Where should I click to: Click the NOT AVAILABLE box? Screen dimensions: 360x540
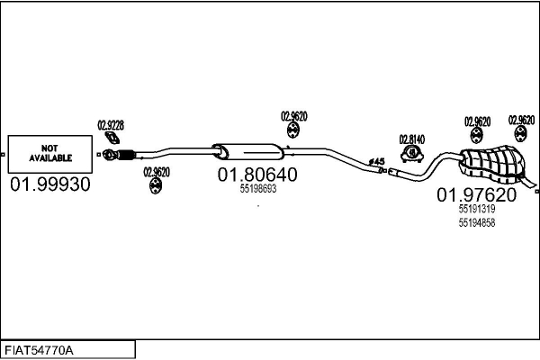[49, 153]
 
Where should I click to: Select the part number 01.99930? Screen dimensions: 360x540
[49, 184]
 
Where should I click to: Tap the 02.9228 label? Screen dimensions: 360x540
[111, 125]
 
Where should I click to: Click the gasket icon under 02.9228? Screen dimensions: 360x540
[112, 139]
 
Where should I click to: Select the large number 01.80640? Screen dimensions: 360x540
[256, 175]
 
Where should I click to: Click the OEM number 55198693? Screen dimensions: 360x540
[257, 190]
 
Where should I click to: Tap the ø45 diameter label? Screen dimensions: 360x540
[377, 162]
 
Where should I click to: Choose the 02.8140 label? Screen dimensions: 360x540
[412, 139]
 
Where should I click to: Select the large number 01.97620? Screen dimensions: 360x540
[477, 194]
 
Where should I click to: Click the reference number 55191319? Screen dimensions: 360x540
[476, 208]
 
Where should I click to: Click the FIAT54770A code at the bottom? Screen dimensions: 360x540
[40, 348]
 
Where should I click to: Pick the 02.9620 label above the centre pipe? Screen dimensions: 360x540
[293, 115]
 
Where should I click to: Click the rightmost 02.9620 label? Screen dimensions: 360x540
[521, 120]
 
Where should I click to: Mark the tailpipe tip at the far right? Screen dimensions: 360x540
[535, 186]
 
